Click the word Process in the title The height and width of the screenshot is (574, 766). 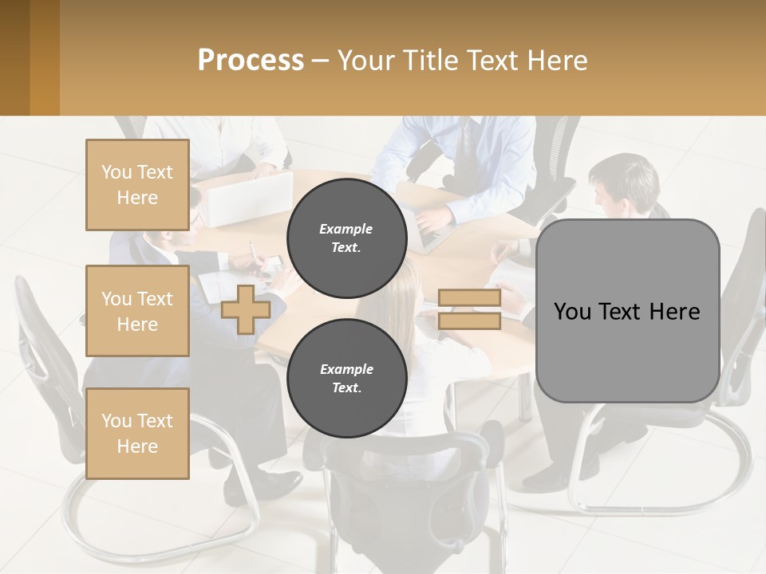coord(251,60)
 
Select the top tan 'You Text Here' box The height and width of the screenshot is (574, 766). coord(137,185)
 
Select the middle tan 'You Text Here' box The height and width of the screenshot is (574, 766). coord(137,311)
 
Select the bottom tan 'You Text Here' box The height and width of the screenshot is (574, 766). coord(137,434)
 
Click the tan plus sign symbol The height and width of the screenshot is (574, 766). coord(246,309)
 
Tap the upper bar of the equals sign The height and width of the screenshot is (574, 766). coord(469,297)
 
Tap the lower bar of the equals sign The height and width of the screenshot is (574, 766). coord(469,320)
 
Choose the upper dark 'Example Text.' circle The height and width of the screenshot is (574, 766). coord(347,238)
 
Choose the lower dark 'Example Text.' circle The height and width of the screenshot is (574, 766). coord(347,378)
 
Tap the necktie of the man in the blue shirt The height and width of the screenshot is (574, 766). coord(464,143)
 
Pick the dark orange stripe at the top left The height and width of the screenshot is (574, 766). coord(44,57)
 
